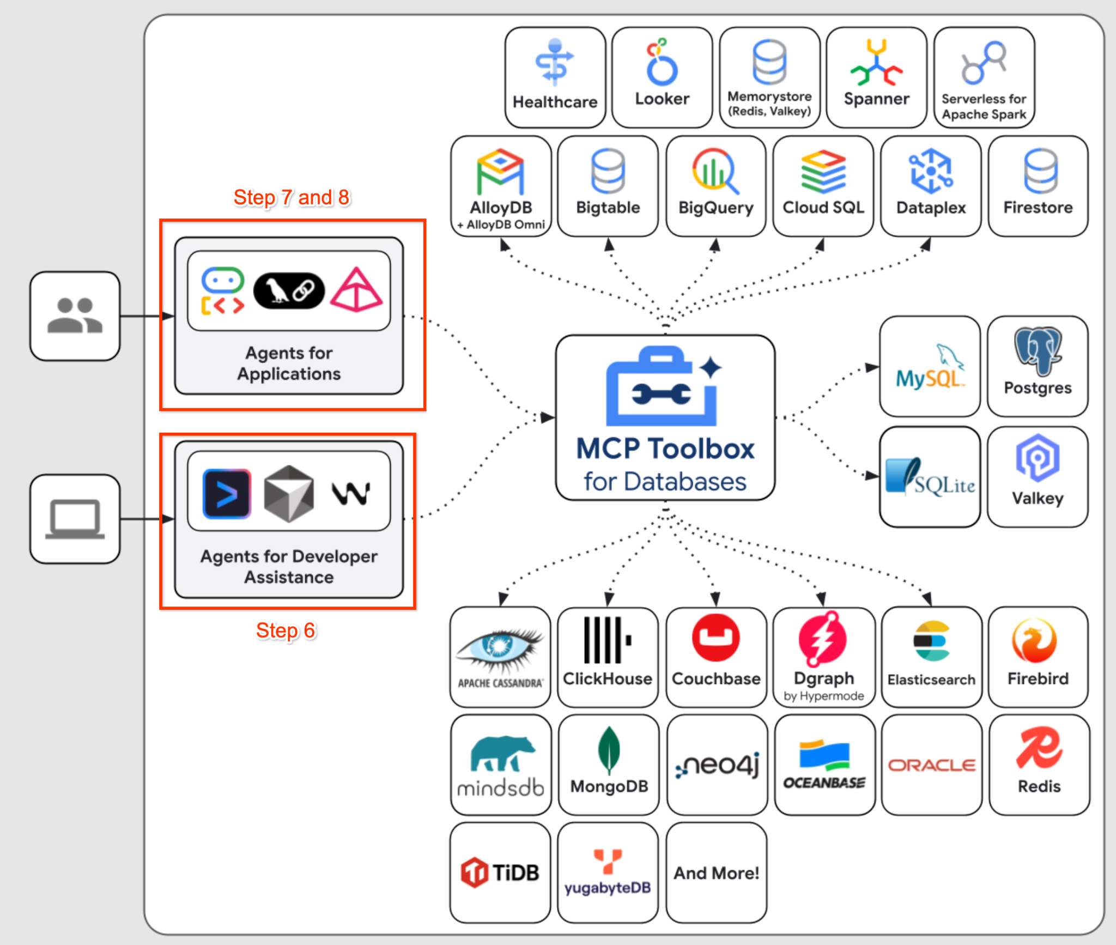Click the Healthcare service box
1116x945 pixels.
tap(555, 77)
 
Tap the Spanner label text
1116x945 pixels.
tap(876, 99)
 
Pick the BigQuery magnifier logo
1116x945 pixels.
tap(715, 171)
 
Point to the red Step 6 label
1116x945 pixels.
tap(286, 631)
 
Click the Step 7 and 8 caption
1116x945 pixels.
tap(292, 197)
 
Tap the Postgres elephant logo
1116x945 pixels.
tap(1038, 351)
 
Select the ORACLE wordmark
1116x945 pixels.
tap(931, 766)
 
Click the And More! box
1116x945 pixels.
tap(716, 873)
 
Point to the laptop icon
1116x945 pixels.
tap(75, 519)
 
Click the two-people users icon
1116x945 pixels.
tap(75, 316)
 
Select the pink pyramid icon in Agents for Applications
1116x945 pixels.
tap(357, 290)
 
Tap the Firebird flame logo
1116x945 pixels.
tap(1035, 641)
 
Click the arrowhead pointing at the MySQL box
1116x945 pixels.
tap(872, 367)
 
